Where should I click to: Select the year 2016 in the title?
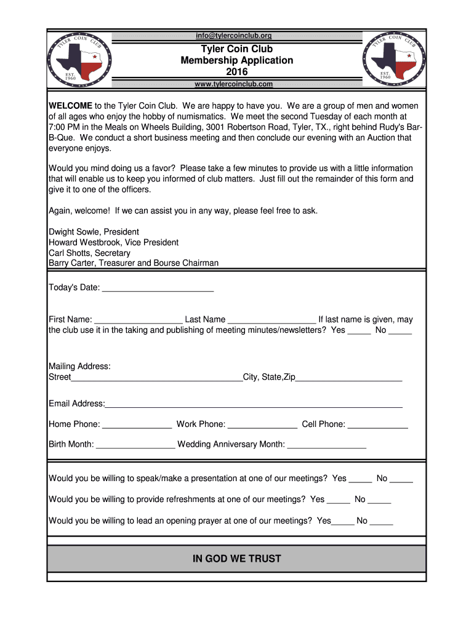point(237,72)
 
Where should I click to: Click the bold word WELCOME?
point(71,105)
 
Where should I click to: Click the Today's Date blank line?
point(158,288)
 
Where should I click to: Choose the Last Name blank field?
point(271,320)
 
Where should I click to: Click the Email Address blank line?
point(254,404)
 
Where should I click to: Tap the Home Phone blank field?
point(137,425)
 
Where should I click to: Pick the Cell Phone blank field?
point(378,425)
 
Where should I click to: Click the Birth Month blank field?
point(136,445)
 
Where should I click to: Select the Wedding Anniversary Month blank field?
point(327,445)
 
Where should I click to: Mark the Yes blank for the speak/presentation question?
point(361,479)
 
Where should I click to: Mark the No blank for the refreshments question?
point(379,500)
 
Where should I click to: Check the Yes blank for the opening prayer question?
point(343,522)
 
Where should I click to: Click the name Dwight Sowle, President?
point(94,232)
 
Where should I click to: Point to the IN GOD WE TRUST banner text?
point(237,559)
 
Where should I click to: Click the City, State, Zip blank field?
point(349,378)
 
